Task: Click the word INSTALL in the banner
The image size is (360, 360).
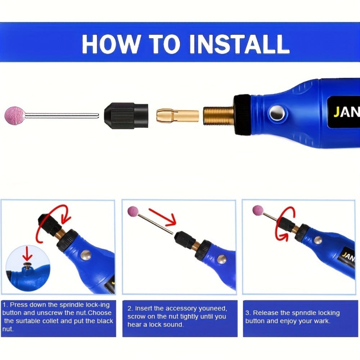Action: (239, 44)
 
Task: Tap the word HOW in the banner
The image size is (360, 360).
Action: (111, 44)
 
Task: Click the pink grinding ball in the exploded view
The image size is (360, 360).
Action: (15, 116)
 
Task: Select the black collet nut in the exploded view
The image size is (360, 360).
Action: (126, 116)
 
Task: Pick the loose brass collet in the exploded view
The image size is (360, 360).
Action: (177, 116)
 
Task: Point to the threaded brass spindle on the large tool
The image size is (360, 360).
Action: (219, 116)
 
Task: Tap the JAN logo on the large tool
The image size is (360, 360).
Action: (347, 112)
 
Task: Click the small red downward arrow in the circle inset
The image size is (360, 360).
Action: (28, 253)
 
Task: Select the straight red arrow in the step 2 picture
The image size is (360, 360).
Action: (162, 217)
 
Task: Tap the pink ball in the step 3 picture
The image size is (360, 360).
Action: (258, 211)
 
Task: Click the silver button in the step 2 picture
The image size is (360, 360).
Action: (221, 259)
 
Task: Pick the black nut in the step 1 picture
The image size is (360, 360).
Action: (49, 225)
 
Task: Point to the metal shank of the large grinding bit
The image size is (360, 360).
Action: (62, 116)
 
